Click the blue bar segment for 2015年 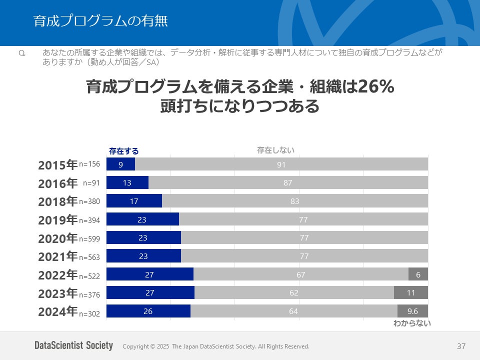pyautogui.click(x=120, y=164)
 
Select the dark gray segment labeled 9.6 pyautogui.click(x=412, y=311)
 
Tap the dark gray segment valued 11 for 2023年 pyautogui.click(x=411, y=292)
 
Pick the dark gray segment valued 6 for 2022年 pyautogui.click(x=418, y=274)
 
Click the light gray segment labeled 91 pyautogui.click(x=281, y=164)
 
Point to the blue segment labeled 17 pyautogui.click(x=134, y=201)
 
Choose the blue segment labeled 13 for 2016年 pyautogui.click(x=127, y=183)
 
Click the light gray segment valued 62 pyautogui.click(x=294, y=292)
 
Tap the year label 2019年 pyautogui.click(x=57, y=219)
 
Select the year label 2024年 pyautogui.click(x=57, y=311)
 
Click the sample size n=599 pyautogui.click(x=89, y=239)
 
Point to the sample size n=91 pyautogui.click(x=91, y=183)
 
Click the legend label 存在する pyautogui.click(x=123, y=151)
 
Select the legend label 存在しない pyautogui.click(x=275, y=150)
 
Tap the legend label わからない pyautogui.click(x=411, y=323)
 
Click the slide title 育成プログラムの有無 pyautogui.click(x=100, y=21)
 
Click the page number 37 pyautogui.click(x=461, y=346)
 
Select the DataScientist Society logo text pyautogui.click(x=73, y=345)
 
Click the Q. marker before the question pyautogui.click(x=21, y=52)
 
